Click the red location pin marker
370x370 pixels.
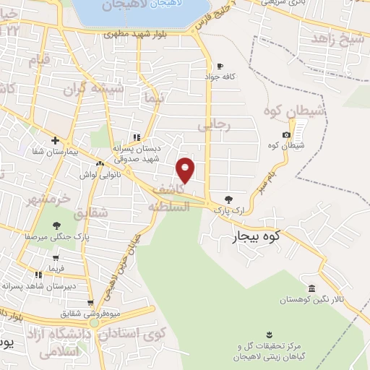(186, 169)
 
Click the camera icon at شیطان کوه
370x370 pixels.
(287, 134)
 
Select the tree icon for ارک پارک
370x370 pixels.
(229, 198)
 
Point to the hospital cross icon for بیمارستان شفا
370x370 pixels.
(55, 139)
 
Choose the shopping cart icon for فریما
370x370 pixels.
(56, 257)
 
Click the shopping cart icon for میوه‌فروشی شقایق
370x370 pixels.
(90, 303)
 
